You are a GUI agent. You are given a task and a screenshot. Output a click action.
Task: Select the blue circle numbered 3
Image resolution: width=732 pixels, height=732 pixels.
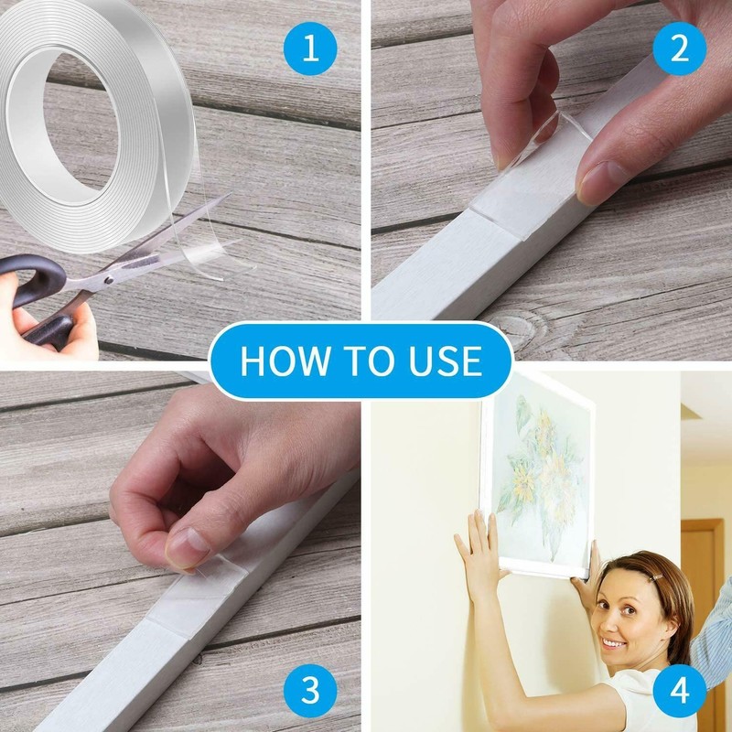pyautogui.click(x=311, y=689)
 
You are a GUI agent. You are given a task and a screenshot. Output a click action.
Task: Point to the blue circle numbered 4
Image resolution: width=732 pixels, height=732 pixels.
pyautogui.click(x=679, y=689)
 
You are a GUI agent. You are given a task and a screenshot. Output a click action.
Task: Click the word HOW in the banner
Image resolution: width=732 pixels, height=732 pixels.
pyautogui.click(x=280, y=361)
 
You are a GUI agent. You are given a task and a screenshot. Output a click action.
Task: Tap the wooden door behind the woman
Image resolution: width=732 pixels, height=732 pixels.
pyautogui.click(x=704, y=567)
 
